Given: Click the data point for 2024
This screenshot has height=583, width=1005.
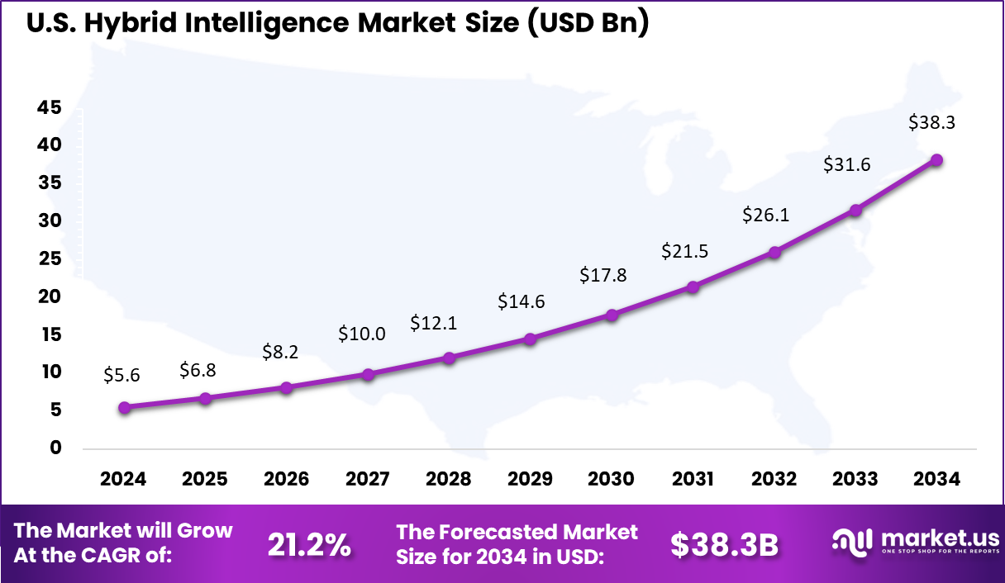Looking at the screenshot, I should coord(124,407).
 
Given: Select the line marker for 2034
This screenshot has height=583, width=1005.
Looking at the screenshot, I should coord(936,160).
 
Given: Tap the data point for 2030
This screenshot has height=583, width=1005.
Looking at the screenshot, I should coord(612,315).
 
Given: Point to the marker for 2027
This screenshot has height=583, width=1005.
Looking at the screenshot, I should coord(368,374).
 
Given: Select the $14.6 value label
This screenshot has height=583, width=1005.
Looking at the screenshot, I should coord(521,301).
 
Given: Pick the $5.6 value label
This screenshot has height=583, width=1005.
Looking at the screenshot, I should coord(121,375).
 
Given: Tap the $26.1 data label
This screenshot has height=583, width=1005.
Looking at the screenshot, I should coord(765,215).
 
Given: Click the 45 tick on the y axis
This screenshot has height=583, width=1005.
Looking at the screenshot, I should coord(48,107).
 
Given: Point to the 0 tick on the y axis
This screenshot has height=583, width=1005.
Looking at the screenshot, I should coord(56,448).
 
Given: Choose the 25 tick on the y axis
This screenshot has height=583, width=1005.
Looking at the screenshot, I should coord(48,258).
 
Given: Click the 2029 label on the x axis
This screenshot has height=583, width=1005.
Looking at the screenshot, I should coord(530,480).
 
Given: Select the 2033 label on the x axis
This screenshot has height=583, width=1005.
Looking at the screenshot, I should coord(855,480).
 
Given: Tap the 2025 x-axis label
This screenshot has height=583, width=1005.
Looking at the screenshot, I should coord(204,480).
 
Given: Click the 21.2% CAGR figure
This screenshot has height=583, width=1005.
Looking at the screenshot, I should coord(309,544).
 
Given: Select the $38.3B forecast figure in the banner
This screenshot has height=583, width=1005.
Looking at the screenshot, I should coord(724,544).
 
